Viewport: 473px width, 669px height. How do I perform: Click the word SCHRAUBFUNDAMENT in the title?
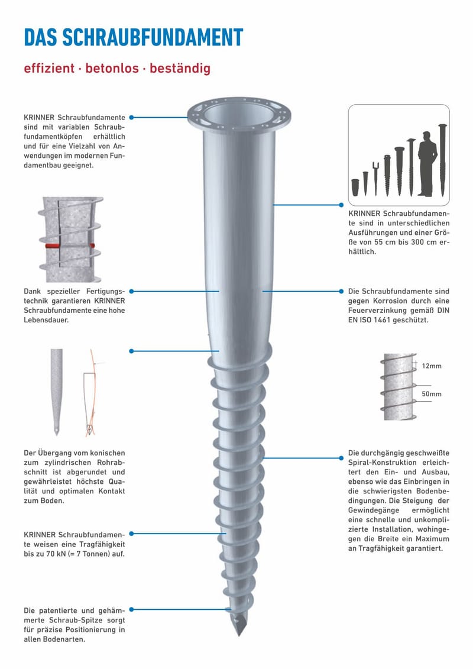153,37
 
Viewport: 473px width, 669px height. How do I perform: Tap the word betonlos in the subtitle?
112,68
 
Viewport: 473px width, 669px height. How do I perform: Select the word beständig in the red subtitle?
180,68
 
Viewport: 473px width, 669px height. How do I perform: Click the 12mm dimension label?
432,366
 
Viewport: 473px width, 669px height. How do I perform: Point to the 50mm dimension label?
432,394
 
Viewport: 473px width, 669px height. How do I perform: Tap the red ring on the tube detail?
68,246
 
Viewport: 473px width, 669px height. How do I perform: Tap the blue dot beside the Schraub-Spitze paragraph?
131,610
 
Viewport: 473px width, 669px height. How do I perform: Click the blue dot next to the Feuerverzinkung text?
341,292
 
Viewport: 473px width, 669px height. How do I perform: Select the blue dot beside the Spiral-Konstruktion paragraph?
341,458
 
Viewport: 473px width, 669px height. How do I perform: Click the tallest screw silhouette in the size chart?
442,160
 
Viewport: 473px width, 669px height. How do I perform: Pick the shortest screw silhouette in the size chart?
355,188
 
